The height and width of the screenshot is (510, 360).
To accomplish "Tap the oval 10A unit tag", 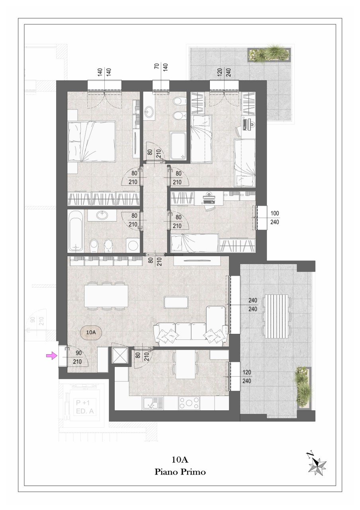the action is (91, 332).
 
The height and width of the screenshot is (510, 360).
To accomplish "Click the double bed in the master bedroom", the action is (92, 141).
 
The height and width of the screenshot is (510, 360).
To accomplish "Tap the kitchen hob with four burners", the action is (189, 403).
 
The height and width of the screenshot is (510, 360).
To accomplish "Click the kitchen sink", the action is (153, 403).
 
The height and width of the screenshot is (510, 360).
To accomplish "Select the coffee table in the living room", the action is (176, 302).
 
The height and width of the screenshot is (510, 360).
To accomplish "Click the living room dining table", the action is (106, 296).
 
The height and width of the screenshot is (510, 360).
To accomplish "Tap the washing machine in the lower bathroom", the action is (133, 245).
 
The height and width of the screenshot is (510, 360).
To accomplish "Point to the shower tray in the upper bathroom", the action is (178, 146).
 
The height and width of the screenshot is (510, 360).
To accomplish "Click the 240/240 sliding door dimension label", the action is (252, 305).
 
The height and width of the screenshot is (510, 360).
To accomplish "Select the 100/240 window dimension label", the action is (275, 218).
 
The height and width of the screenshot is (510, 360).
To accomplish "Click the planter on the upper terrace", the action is (269, 55).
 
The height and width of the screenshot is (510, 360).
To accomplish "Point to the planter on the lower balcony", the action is (303, 388).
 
